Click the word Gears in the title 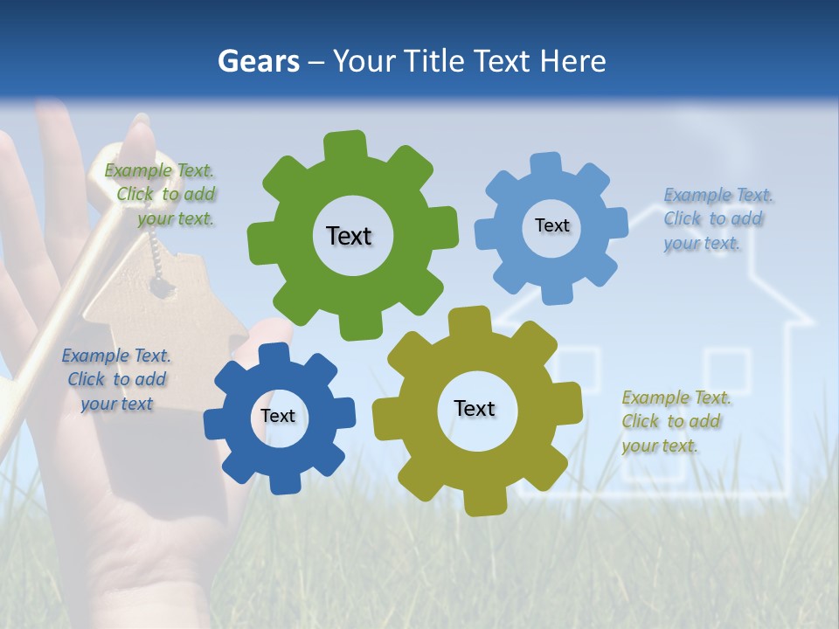(258, 61)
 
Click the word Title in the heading (432, 61)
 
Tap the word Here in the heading (572, 61)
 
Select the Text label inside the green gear (349, 236)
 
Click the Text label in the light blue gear (551, 225)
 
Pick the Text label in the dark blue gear (278, 416)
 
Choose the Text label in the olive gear (475, 408)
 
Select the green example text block (163, 195)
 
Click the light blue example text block (715, 218)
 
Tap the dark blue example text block (115, 379)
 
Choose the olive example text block (675, 421)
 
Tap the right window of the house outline (727, 371)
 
